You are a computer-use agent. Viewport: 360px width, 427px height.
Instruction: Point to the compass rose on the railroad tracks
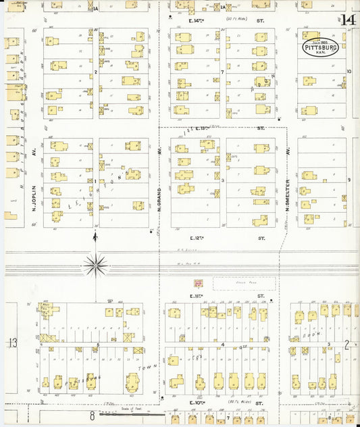pyautogui.click(x=95, y=265)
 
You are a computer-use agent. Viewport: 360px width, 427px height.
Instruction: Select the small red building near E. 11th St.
pyautogui.click(x=199, y=284)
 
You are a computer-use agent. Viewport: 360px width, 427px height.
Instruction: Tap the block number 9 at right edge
pyautogui.click(x=349, y=180)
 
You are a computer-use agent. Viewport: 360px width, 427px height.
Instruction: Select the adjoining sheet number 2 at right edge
pyautogui.click(x=347, y=344)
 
